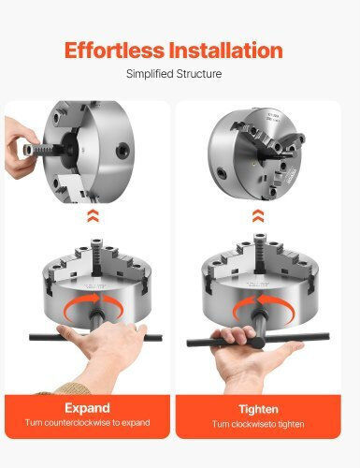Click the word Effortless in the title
(114, 51)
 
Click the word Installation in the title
(226, 51)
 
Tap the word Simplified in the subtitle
(150, 74)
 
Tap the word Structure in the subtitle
(199, 74)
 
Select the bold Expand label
(87, 408)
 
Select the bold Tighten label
(258, 409)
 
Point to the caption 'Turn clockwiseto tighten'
(258, 424)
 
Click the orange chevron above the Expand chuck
(93, 215)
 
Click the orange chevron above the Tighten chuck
(258, 216)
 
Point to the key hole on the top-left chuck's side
(122, 151)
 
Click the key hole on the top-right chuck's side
(223, 172)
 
